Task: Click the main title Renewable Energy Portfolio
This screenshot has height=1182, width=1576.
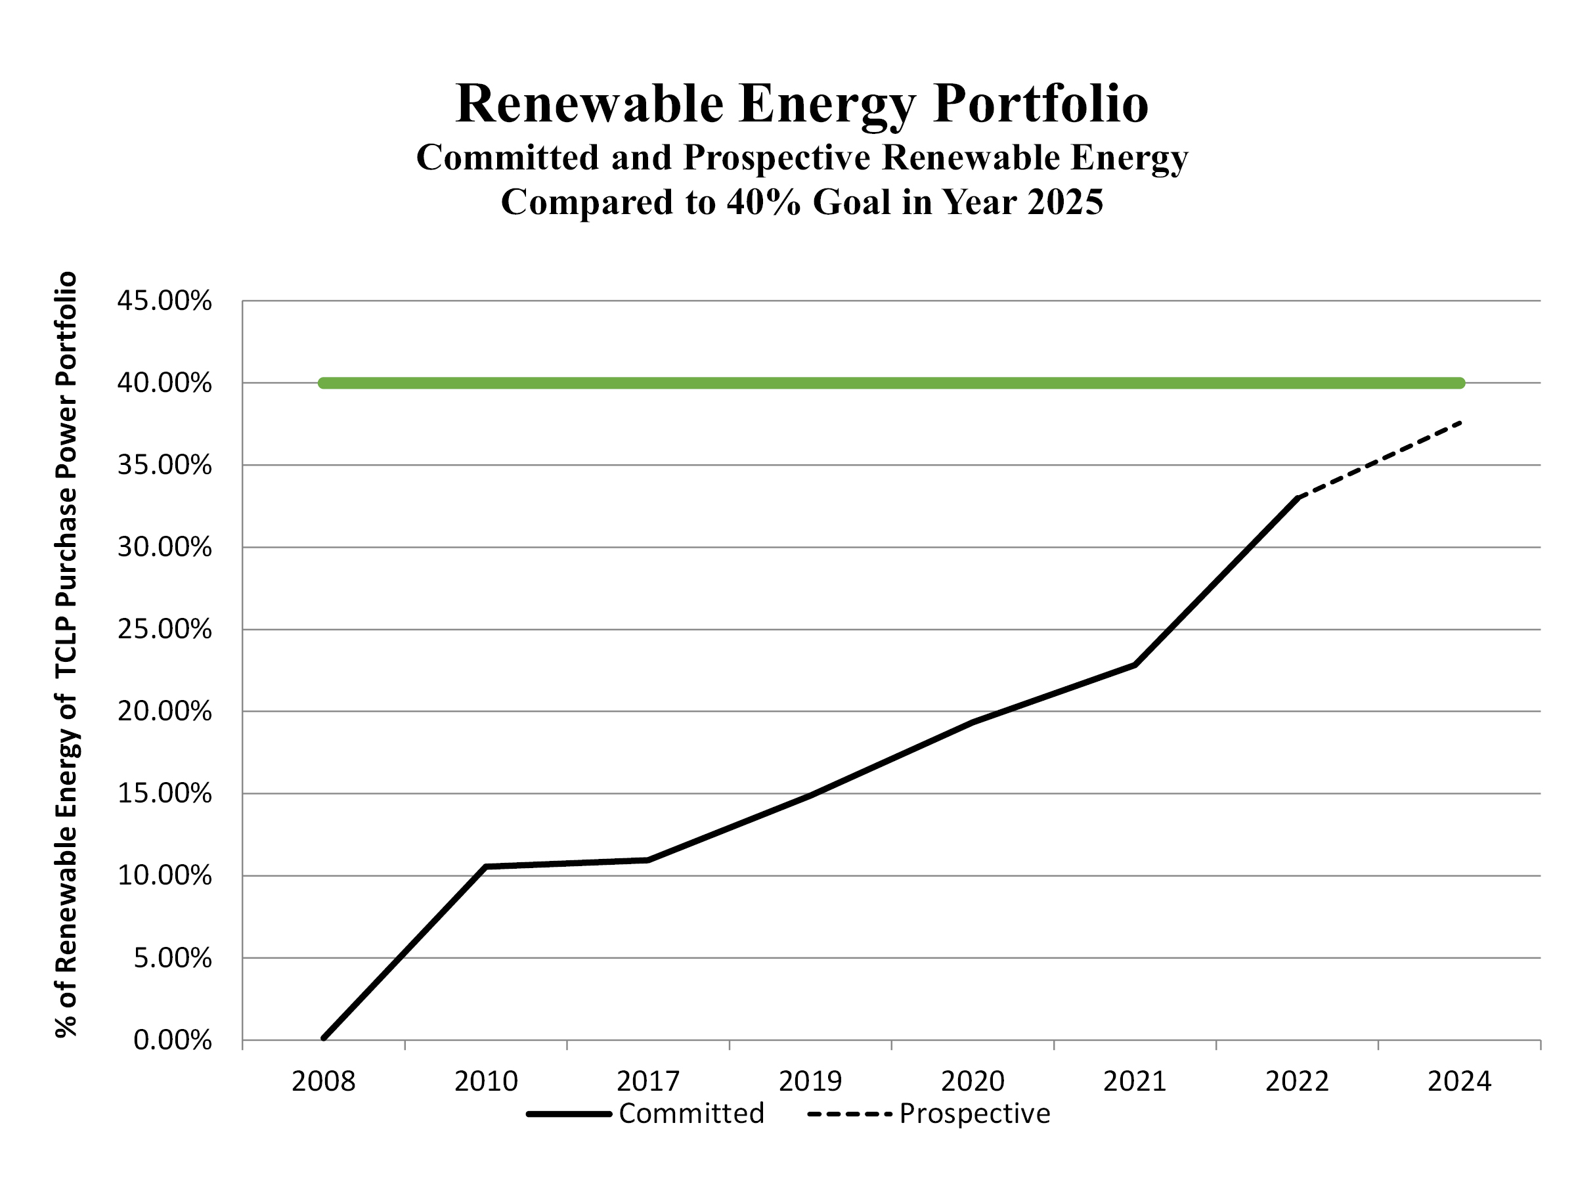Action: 802,104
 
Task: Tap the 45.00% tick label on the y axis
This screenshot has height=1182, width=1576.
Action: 164,301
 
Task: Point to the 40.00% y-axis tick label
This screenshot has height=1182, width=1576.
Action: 164,383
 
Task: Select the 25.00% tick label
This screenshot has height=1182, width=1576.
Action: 164,629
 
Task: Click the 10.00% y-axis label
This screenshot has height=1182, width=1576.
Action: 164,875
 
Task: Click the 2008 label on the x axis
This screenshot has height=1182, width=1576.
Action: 323,1082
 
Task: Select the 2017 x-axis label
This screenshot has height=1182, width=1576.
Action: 647,1082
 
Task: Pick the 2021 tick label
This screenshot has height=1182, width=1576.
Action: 1134,1082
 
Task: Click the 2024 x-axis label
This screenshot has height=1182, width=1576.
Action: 1458,1082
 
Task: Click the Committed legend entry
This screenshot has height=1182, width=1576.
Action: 690,1114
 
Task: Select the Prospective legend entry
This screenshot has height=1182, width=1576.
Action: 974,1114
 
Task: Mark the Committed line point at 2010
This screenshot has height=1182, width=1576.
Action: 485,866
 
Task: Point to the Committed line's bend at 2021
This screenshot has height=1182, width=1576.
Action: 1134,665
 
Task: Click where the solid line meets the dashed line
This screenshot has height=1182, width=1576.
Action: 1297,498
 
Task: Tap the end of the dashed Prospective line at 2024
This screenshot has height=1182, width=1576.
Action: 1460,423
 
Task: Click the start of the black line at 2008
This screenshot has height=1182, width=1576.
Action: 324,1038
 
